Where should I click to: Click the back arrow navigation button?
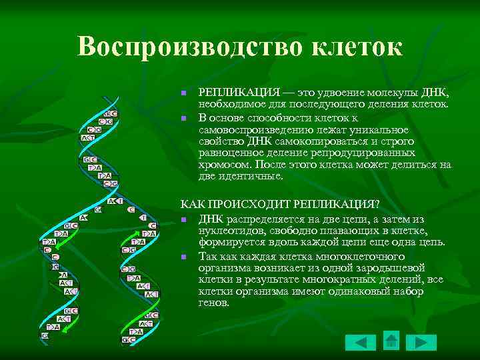tap(361, 342)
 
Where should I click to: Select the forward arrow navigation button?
tap(421, 342)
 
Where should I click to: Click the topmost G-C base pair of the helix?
tap(111, 114)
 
